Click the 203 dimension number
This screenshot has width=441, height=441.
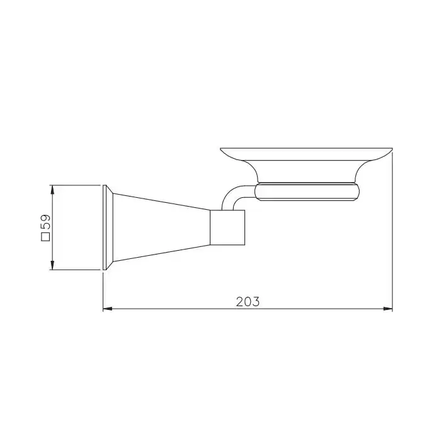click(248, 302)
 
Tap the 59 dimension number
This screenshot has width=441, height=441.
click(45, 222)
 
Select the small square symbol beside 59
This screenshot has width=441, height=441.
click(45, 237)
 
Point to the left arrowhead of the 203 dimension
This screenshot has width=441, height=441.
click(108, 309)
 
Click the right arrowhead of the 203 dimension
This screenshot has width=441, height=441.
click(388, 309)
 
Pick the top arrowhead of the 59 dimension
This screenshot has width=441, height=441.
click(52, 190)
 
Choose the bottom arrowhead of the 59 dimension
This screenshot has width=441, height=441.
click(52, 265)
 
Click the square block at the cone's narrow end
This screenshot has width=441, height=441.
click(227, 227)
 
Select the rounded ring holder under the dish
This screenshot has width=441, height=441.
click(307, 192)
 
